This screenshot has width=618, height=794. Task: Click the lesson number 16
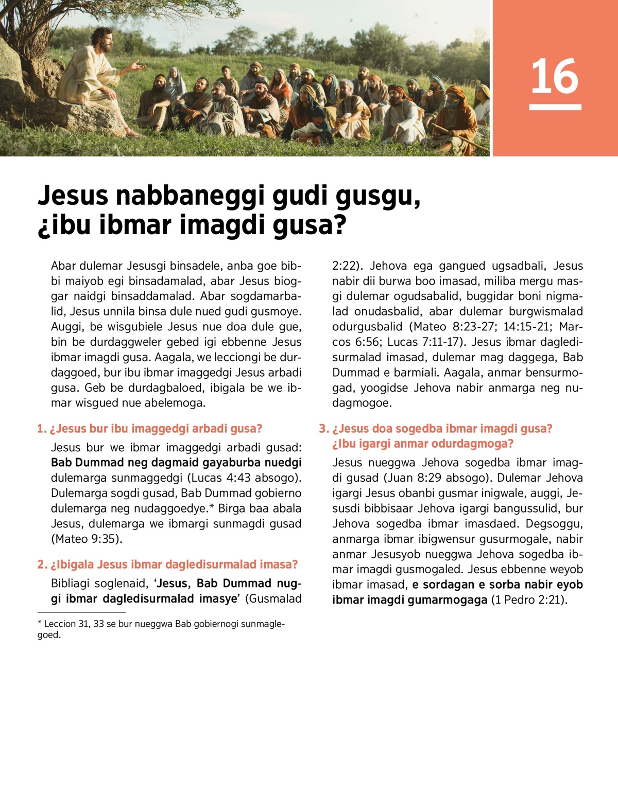pyautogui.click(x=555, y=76)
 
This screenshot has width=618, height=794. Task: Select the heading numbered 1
pyautogui.click(x=150, y=429)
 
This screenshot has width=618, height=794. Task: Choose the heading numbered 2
pyautogui.click(x=167, y=564)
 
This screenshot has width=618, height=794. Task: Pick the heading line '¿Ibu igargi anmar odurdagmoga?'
pyautogui.click(x=423, y=444)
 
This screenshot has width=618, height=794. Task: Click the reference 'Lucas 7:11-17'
pyautogui.click(x=425, y=342)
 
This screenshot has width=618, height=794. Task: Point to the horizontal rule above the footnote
pyautogui.click(x=81, y=612)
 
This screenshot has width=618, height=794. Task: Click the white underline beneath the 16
pyautogui.click(x=555, y=107)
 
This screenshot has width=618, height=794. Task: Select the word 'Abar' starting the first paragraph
pyautogui.click(x=63, y=266)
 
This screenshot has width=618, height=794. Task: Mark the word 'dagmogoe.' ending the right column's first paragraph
pyautogui.click(x=362, y=403)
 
